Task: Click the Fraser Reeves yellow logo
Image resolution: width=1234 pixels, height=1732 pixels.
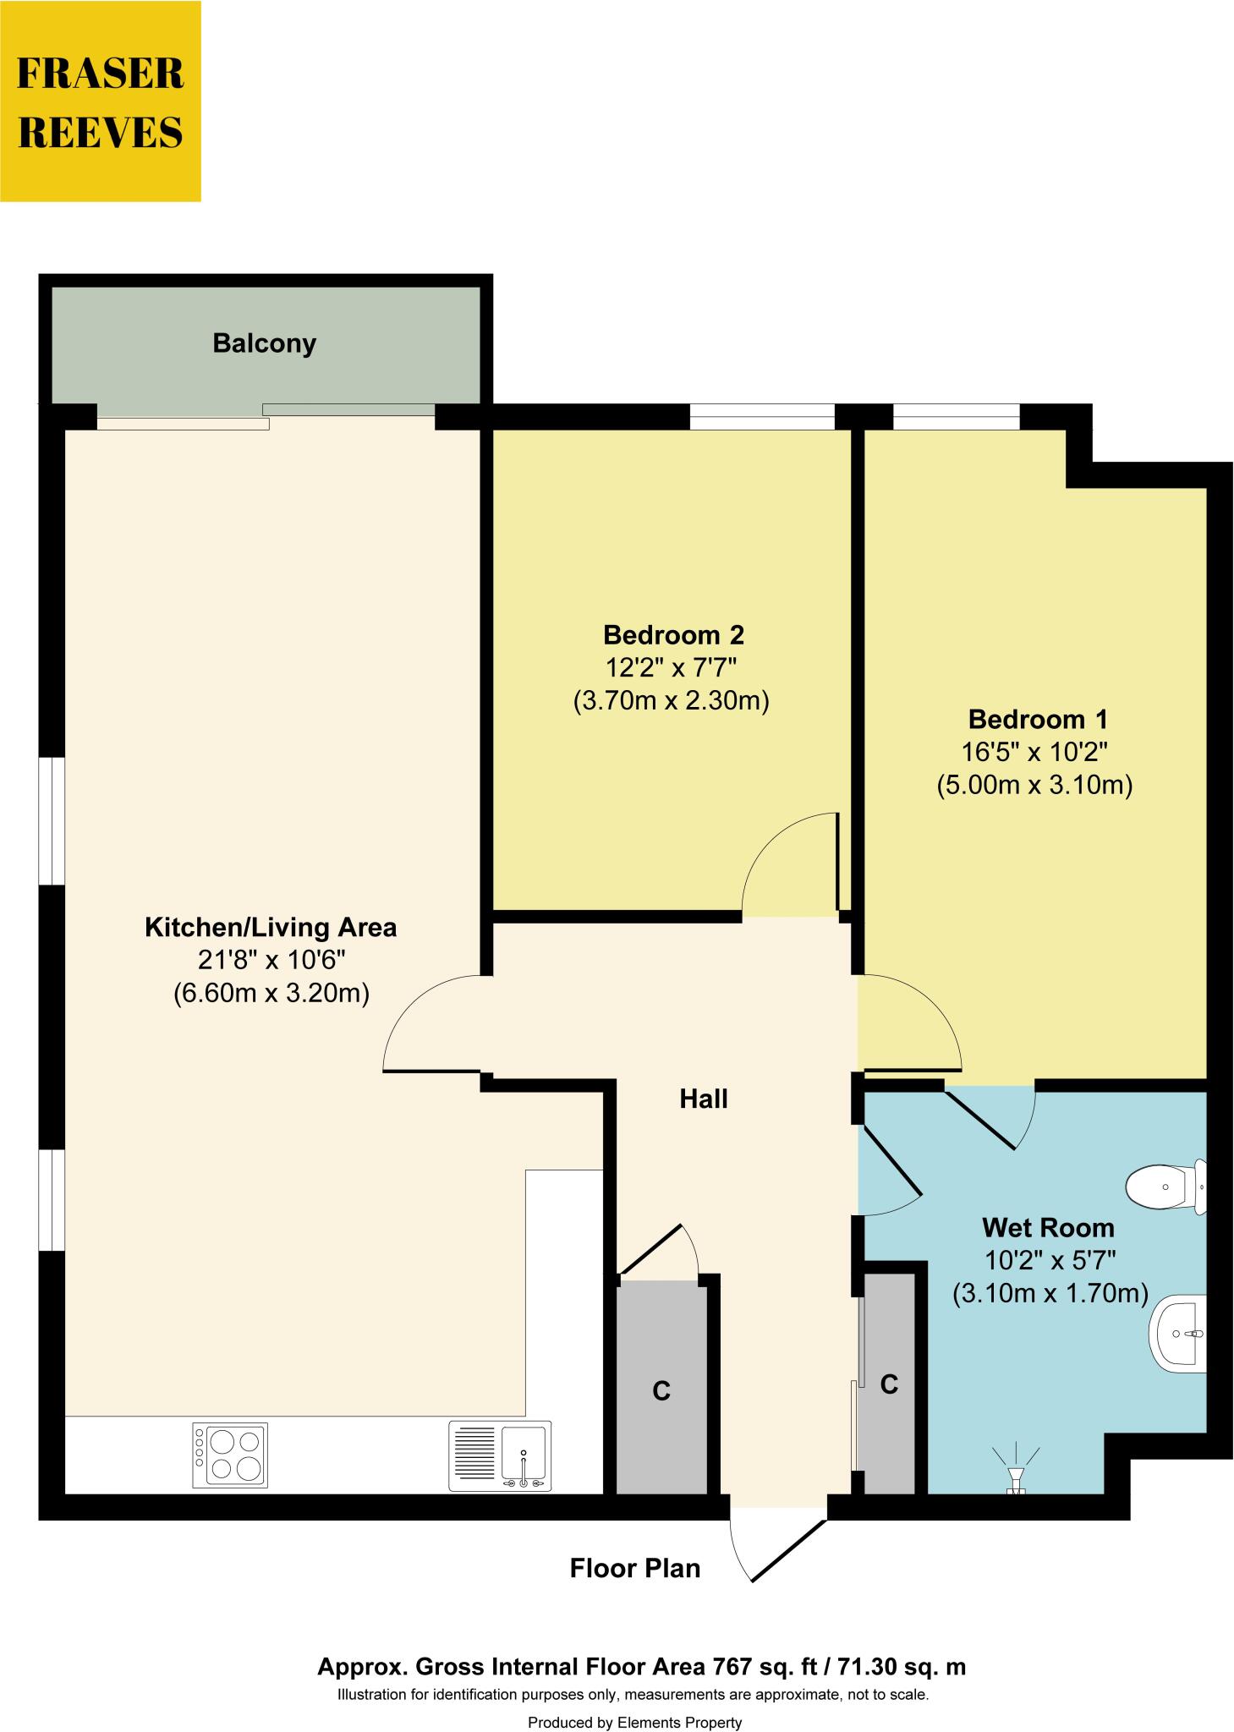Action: pyautogui.click(x=101, y=101)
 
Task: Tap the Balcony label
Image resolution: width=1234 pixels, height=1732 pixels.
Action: pyautogui.click(x=264, y=343)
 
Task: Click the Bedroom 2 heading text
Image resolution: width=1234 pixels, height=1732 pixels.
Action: pyautogui.click(x=673, y=634)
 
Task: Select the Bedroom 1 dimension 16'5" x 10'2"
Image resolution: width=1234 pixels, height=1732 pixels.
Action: pyautogui.click(x=1034, y=752)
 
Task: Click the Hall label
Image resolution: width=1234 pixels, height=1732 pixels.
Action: pyautogui.click(x=703, y=1099)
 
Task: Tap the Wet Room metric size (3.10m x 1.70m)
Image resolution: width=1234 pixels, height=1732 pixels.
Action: pyautogui.click(x=1049, y=1293)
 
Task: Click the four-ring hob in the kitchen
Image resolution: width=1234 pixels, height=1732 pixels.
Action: pyautogui.click(x=230, y=1454)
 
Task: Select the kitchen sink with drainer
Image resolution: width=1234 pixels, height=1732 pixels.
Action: pyautogui.click(x=500, y=1455)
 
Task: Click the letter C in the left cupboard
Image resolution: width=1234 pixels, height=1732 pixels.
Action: pyautogui.click(x=661, y=1391)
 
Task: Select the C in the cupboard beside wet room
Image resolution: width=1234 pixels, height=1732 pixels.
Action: pyautogui.click(x=889, y=1384)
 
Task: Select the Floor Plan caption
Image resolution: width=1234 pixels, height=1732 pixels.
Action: pyautogui.click(x=634, y=1568)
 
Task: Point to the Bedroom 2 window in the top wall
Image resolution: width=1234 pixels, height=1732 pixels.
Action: pyautogui.click(x=762, y=417)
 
